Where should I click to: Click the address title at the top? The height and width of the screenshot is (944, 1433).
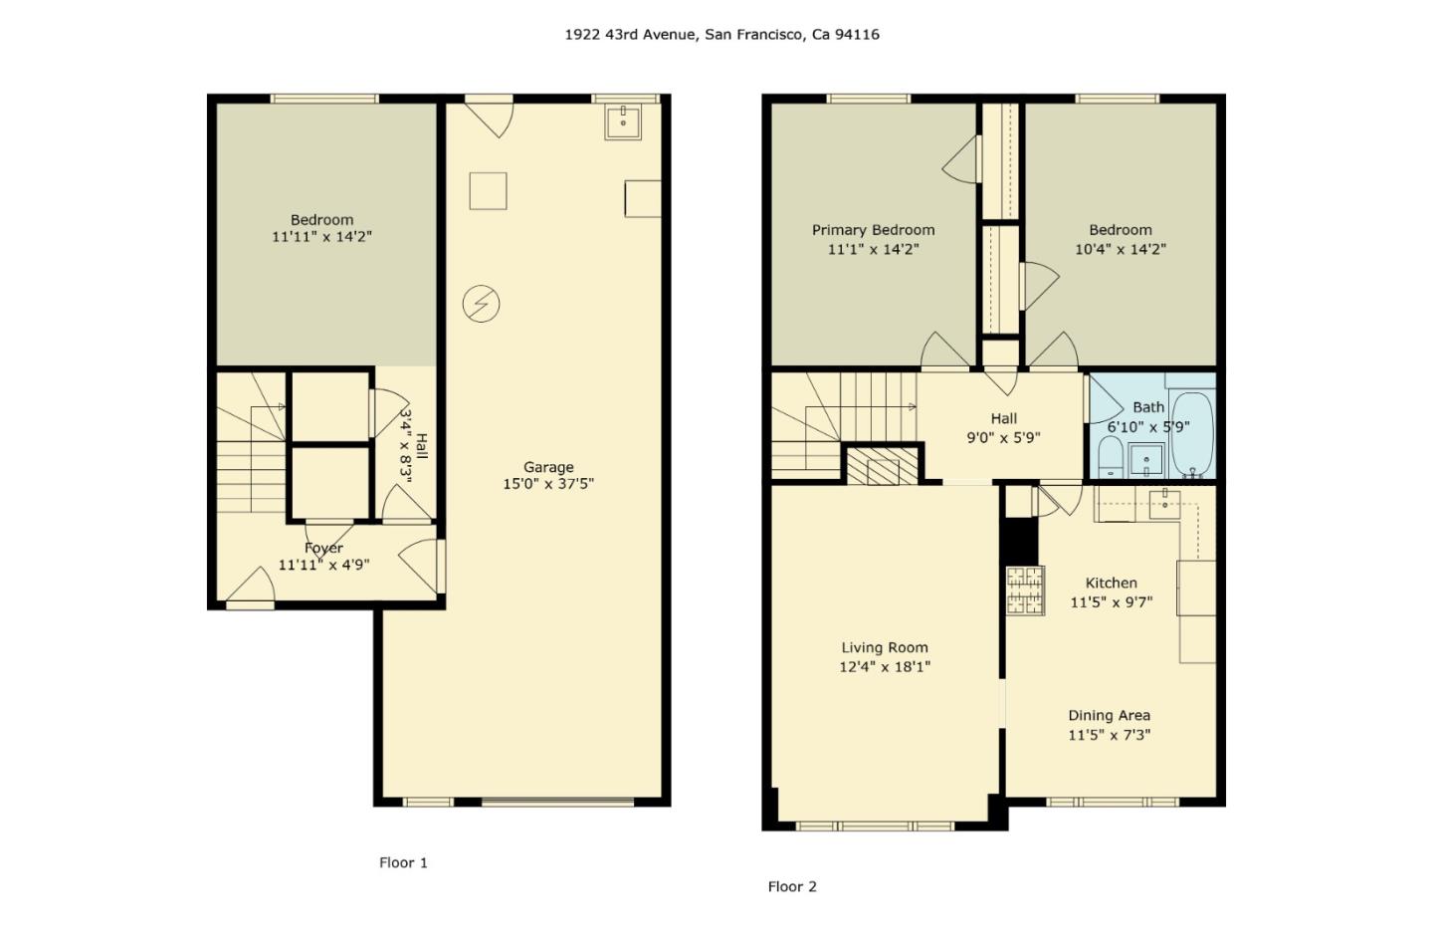(721, 35)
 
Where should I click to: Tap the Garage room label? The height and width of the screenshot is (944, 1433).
(548, 467)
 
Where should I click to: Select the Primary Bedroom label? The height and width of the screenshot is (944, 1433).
(874, 230)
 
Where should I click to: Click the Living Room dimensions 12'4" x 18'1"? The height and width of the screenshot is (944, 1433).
(885, 667)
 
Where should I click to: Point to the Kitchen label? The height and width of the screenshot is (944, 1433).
(1112, 584)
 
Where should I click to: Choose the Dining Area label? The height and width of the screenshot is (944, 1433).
(1110, 716)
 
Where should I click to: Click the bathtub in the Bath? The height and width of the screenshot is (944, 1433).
(1192, 434)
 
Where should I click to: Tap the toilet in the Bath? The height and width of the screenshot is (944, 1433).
(1111, 457)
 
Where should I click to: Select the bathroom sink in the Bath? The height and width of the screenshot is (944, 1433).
(1145, 459)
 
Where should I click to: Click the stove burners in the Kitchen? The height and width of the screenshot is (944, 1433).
(1025, 590)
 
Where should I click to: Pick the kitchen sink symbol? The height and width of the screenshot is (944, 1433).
(1165, 504)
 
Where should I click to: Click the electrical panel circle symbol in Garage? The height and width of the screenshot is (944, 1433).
(481, 304)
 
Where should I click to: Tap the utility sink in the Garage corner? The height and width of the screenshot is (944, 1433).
(623, 121)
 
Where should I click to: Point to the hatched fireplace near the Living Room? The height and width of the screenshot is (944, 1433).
(883, 465)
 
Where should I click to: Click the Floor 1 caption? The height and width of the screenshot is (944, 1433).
(403, 862)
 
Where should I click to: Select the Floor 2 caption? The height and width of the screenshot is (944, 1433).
(792, 886)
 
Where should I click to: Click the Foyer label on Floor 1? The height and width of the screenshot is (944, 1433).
(323, 549)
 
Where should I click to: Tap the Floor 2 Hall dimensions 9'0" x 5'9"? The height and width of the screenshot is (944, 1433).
(1004, 438)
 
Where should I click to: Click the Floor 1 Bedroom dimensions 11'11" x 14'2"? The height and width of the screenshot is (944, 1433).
(321, 237)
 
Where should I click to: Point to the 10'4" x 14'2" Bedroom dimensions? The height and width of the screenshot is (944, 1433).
(1121, 249)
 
